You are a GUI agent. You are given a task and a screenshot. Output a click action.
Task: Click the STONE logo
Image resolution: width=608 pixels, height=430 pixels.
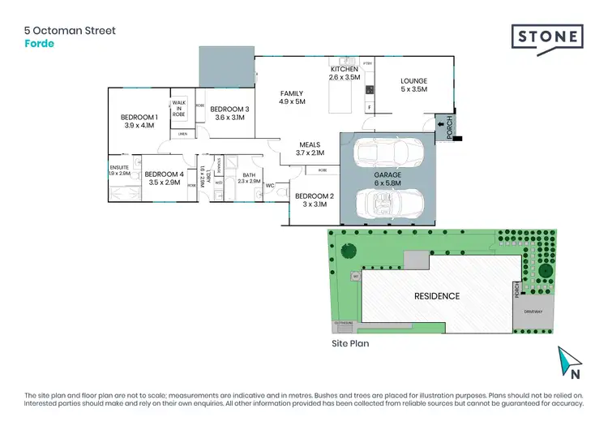click(x=547, y=37)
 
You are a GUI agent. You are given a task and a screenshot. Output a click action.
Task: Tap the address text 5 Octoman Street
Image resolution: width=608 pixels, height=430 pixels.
click(x=70, y=31)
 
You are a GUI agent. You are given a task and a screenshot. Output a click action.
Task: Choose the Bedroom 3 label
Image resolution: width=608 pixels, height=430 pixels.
click(x=229, y=113)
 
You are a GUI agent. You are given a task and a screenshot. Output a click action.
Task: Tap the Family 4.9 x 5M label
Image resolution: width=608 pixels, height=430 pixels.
click(x=291, y=97)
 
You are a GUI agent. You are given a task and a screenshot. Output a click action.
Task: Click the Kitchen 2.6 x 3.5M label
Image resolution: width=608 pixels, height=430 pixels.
click(x=344, y=74)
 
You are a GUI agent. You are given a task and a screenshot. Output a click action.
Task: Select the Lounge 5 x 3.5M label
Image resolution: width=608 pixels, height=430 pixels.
click(x=413, y=85)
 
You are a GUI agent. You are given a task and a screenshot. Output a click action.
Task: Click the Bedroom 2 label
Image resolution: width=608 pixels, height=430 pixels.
click(x=315, y=200)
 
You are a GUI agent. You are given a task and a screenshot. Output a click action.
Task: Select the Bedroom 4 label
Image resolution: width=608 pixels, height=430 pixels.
click(x=165, y=178)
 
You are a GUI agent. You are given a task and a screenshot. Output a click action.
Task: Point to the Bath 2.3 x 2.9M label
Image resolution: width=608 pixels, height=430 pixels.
click(x=250, y=178)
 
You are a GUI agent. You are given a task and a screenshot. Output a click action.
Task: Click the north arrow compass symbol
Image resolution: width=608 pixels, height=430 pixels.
click(x=569, y=363)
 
